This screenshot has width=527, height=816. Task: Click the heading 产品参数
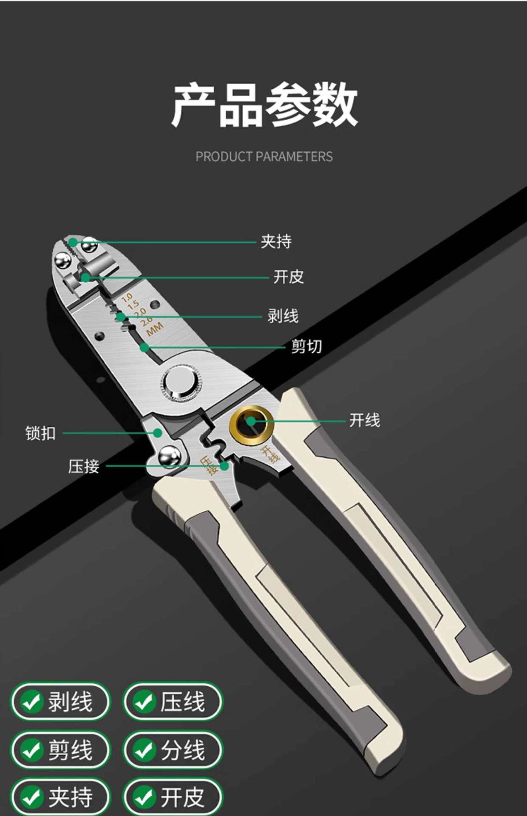[264, 105]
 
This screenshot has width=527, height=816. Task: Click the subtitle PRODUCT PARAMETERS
[264, 156]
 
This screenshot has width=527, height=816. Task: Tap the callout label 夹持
[276, 241]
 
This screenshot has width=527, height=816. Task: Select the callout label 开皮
[289, 277]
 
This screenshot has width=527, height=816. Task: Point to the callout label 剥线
[283, 316]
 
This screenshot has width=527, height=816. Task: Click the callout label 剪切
[306, 346]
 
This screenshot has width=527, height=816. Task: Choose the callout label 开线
[364, 420]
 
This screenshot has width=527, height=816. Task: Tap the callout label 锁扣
[40, 433]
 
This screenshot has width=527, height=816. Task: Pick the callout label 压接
[84, 466]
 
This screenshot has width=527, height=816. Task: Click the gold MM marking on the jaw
[154, 329]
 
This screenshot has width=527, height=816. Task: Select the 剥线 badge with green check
[60, 701]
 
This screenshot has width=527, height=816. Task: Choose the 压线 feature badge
[173, 701]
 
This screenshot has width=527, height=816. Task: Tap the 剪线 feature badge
[60, 750]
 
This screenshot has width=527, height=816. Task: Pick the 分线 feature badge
[173, 750]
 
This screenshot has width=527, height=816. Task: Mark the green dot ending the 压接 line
[224, 466]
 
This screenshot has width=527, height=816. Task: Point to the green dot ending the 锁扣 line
[158, 433]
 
